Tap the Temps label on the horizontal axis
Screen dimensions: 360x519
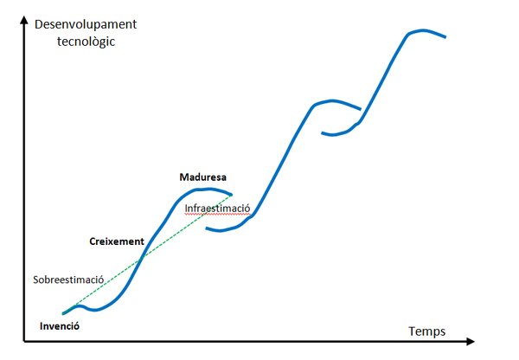pos(426,331)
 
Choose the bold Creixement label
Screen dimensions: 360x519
pos(116,241)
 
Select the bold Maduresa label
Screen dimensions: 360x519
pos(202,177)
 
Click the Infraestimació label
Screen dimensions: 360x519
pos(217,209)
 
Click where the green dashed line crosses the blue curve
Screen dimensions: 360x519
pos(144,251)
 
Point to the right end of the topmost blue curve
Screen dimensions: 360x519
pos(445,37)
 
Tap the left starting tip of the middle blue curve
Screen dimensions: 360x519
pos(207,228)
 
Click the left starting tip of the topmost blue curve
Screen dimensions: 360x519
pos(322,133)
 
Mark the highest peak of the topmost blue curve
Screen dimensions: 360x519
pos(420,30)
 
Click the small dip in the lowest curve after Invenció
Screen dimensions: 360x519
pos(95,310)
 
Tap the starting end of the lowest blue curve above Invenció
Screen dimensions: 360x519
pos(63,312)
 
